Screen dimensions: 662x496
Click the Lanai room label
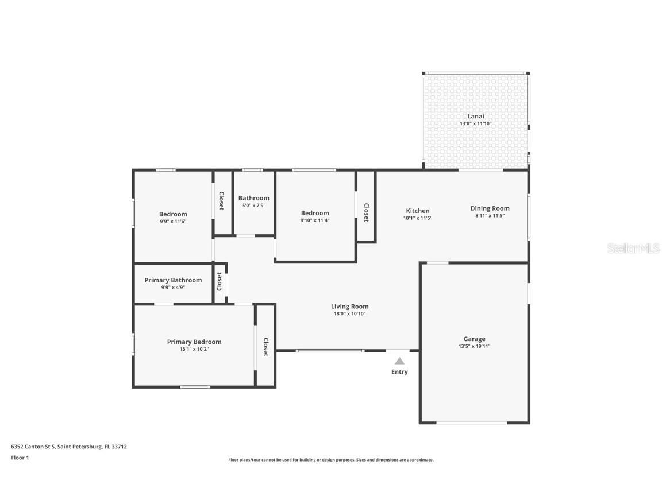pos(475,117)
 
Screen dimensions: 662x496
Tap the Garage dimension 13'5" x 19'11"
pos(474,346)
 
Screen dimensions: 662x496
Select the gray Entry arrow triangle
pos(399,361)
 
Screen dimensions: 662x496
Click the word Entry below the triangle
pos(399,371)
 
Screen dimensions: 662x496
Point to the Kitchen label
pos(418,211)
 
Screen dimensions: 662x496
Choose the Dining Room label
pos(490,208)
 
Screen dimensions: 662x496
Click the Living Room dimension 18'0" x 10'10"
pos(349,314)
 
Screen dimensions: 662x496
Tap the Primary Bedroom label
pos(194,342)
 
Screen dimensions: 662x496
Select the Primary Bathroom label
pos(173,280)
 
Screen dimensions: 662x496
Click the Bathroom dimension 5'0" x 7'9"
pos(254,206)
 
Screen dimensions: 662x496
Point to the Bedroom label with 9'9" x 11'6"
pos(173,214)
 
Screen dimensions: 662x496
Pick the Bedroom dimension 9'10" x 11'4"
pos(315,220)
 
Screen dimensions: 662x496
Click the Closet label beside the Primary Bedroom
pos(266,347)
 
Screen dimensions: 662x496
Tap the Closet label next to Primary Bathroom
pos(219,282)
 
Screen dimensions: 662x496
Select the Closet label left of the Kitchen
pos(367,212)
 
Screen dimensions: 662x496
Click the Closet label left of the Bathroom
pos(221,201)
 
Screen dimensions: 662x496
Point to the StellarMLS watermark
pos(633,248)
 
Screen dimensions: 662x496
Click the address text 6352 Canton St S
pos(33,447)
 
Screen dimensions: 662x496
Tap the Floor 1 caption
pos(20,458)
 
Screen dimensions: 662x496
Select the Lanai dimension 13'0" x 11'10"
pos(475,123)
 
